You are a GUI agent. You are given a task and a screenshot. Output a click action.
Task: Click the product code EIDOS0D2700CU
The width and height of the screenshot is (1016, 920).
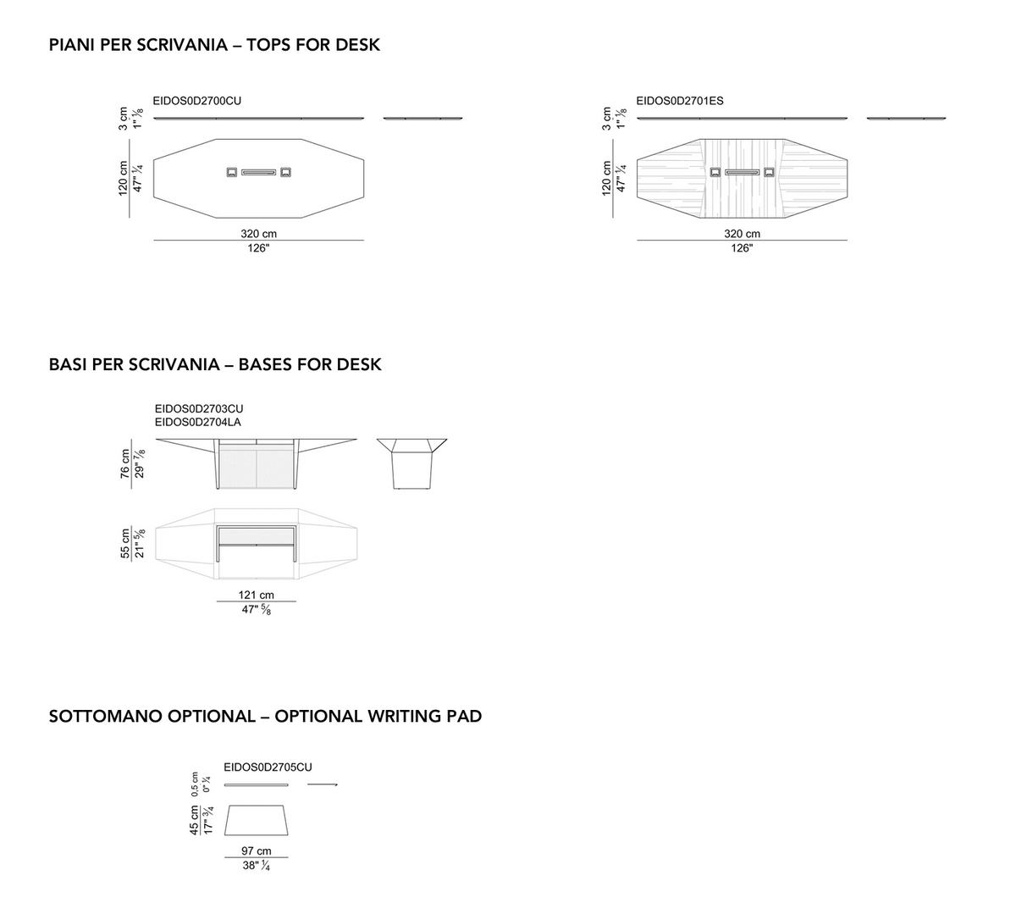[x=197, y=101]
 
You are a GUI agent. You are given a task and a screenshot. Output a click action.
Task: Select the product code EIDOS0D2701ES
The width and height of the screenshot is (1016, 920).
[x=680, y=101]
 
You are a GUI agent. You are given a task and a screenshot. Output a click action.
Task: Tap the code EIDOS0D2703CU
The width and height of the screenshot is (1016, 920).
[x=199, y=408]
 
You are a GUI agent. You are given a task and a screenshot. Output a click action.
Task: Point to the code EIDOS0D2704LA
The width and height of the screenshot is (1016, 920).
[x=198, y=422]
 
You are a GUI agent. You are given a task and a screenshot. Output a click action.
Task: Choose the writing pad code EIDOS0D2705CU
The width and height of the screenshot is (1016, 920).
[x=268, y=768]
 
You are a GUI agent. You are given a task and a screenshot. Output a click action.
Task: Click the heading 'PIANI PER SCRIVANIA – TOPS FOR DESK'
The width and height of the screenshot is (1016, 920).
[x=214, y=45]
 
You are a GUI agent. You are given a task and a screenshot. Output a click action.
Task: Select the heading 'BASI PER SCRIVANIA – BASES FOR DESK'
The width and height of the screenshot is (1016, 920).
[x=215, y=364]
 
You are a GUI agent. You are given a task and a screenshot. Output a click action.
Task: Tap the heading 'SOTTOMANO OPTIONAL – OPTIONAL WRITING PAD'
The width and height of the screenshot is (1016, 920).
[x=265, y=716]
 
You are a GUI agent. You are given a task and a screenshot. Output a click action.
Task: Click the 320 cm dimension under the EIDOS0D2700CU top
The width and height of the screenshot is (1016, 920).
[x=259, y=234]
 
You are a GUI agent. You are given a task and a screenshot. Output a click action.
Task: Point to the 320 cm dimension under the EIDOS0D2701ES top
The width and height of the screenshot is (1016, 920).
[x=742, y=234]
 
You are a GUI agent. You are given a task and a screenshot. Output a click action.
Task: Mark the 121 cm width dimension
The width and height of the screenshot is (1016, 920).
[x=257, y=595]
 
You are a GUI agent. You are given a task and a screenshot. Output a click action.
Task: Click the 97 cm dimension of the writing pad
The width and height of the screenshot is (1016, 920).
[x=257, y=851]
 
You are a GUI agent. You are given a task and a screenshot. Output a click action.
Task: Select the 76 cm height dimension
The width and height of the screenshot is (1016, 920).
[x=124, y=463]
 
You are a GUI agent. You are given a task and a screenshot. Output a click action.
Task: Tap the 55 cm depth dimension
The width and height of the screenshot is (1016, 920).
[x=124, y=543]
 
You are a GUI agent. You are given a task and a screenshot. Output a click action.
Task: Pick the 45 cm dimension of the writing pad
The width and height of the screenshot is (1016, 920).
[x=195, y=821]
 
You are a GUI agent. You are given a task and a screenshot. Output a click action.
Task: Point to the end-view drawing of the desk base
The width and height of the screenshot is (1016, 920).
[x=411, y=463]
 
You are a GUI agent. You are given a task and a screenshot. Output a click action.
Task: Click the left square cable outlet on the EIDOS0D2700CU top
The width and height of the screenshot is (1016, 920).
[x=231, y=172]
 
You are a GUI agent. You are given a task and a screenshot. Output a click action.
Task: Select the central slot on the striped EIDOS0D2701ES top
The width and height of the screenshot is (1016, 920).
[x=742, y=172]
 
